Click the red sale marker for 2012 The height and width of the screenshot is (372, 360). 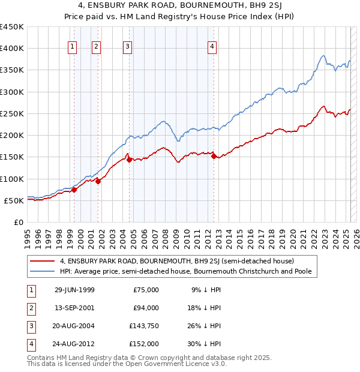coord(214,157)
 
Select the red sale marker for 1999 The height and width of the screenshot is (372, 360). coord(74,190)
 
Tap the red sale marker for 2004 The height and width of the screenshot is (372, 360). coord(129,160)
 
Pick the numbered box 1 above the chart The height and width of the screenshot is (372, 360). coord(73,47)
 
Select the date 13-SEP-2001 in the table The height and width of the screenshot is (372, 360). coord(74,308)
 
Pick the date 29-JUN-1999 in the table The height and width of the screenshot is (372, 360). coord(74,290)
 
